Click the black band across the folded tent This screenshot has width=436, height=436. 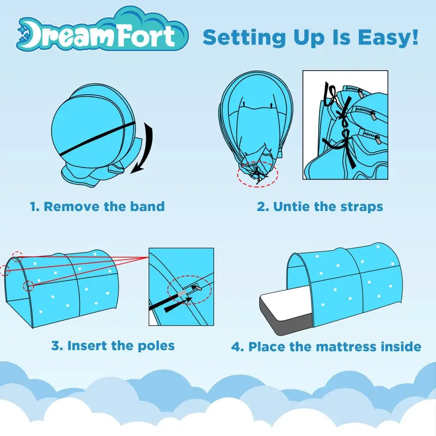point(93,135)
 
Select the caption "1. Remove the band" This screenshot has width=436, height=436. point(97,206)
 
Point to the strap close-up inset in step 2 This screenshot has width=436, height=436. point(345,125)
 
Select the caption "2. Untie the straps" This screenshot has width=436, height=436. point(320,206)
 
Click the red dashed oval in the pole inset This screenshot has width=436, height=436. point(189,293)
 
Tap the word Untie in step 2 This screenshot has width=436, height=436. point(291,206)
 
